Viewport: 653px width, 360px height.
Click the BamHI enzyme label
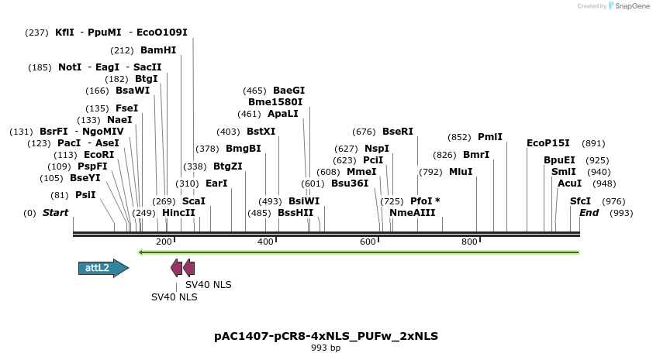click(158, 50)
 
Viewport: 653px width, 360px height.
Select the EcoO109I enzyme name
click(162, 33)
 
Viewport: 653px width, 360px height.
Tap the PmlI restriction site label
click(489, 137)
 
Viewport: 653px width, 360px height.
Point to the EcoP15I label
click(548, 143)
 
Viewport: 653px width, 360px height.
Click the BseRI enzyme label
click(398, 132)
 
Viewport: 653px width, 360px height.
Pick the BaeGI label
click(288, 91)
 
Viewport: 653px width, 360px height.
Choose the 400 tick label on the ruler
click(265, 242)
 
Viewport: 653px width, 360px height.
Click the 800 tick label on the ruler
click(469, 242)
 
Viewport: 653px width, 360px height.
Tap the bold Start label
click(55, 213)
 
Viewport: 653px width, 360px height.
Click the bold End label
click(589, 213)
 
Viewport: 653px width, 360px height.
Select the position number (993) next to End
click(622, 213)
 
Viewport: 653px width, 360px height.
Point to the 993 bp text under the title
click(326, 348)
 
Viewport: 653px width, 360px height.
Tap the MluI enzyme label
click(461, 172)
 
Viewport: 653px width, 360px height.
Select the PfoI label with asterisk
click(425, 201)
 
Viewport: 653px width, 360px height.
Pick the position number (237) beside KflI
click(36, 33)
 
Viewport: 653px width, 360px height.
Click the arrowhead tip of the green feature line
click(140, 252)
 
